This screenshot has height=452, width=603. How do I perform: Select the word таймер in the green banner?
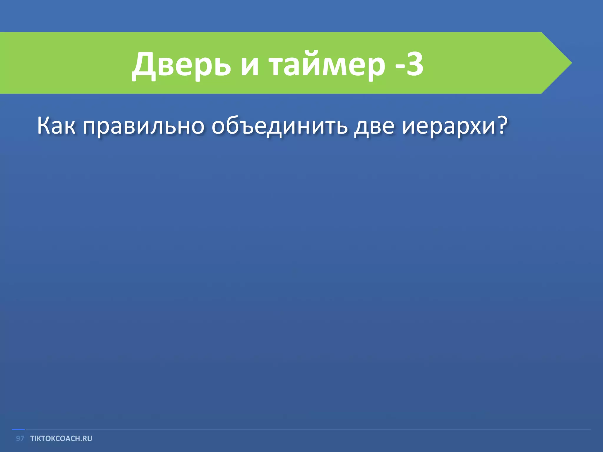point(327,66)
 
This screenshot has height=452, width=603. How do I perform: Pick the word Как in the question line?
point(56,126)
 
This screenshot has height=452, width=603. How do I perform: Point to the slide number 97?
point(20,438)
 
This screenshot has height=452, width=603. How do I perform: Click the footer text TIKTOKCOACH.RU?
point(61,438)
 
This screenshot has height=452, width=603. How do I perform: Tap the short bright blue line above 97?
point(18,430)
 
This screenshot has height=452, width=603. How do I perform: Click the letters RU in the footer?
point(87,438)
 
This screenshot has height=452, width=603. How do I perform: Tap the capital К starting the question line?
point(43,126)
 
